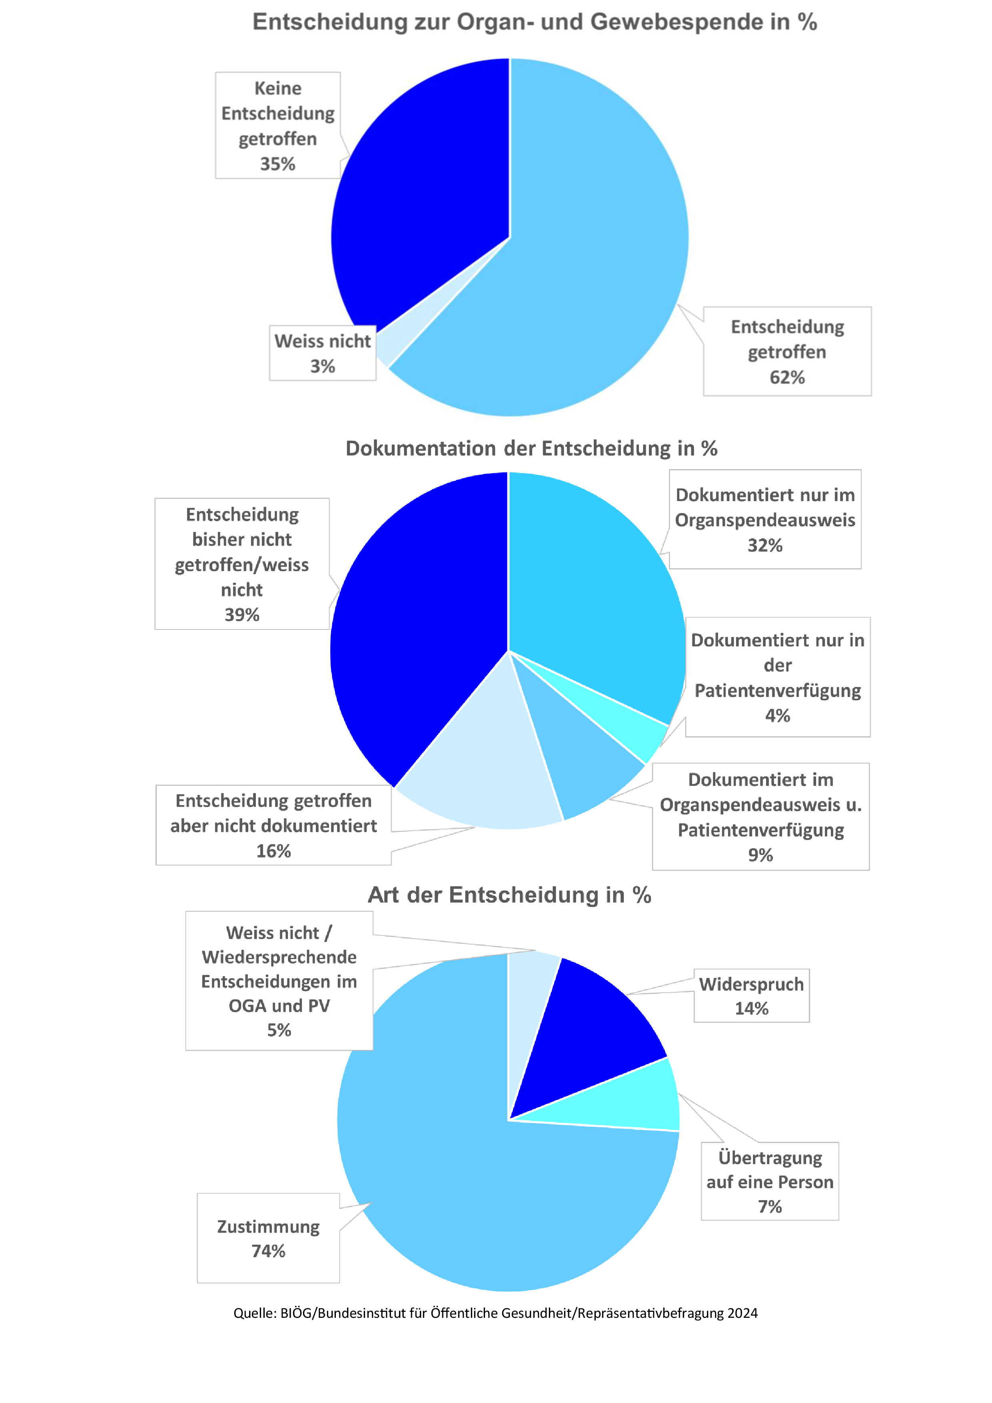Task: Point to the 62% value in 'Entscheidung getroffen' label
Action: (787, 378)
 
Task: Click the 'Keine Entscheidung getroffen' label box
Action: (278, 125)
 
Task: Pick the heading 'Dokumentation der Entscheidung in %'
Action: (531, 448)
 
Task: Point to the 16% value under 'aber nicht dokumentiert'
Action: (273, 851)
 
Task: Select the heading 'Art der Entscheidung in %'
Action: (509, 895)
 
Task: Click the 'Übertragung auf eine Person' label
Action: (770, 1170)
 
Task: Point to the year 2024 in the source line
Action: (742, 1313)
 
